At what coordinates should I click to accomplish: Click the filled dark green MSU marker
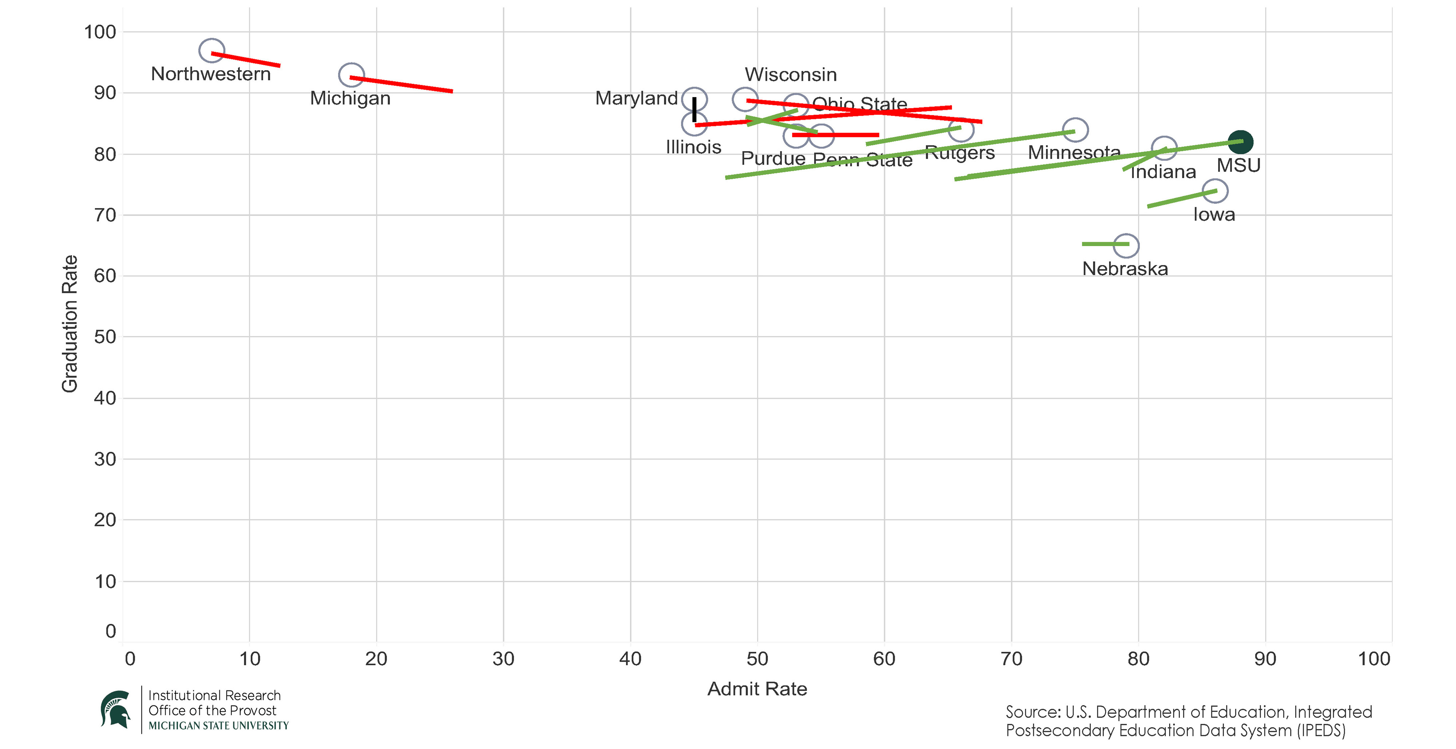click(x=1240, y=142)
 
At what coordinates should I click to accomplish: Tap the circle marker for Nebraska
click(x=1126, y=245)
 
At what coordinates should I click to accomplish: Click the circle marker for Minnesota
click(x=1075, y=130)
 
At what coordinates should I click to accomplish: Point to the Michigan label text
click(x=350, y=98)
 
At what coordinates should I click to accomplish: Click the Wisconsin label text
click(x=790, y=75)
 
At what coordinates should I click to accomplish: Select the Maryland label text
click(x=636, y=98)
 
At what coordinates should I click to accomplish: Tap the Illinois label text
click(x=693, y=147)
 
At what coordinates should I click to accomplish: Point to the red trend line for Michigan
click(x=401, y=84)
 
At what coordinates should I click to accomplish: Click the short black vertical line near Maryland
click(x=694, y=109)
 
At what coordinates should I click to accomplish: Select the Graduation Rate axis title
click(x=70, y=323)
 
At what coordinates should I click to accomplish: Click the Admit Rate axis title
click(x=757, y=689)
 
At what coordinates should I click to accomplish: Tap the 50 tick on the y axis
click(x=105, y=337)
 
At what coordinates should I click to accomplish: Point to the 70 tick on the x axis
click(x=1011, y=659)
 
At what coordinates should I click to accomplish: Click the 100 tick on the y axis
click(x=100, y=32)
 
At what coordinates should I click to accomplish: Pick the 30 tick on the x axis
click(x=503, y=659)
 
